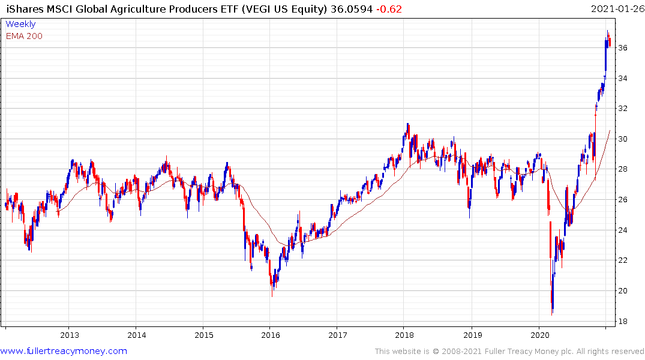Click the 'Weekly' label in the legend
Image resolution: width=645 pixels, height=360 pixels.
click(20, 24)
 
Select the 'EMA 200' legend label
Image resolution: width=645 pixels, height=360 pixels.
click(24, 36)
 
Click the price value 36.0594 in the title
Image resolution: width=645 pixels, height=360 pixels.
click(350, 9)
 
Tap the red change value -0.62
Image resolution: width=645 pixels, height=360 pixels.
click(388, 9)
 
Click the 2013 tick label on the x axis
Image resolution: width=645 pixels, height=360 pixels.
click(70, 335)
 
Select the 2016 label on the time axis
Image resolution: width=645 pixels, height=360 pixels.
click(271, 335)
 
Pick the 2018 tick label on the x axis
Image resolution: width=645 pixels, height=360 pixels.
click(405, 335)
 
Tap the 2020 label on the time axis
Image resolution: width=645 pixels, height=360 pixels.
click(539, 335)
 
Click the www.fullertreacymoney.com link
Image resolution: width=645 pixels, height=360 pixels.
click(64, 351)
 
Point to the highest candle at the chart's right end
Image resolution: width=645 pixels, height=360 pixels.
click(607, 32)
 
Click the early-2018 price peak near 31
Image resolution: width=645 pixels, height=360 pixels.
click(408, 125)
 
